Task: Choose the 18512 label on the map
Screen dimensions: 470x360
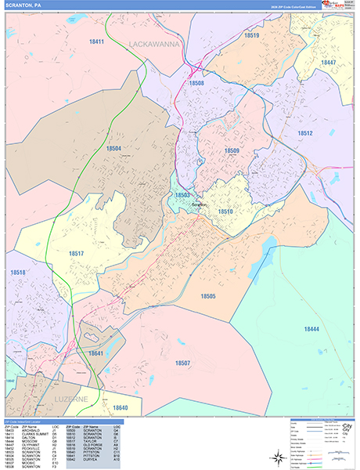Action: pos(305,133)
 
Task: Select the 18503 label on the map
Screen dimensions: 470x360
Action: pos(182,195)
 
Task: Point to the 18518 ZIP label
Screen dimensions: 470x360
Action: pos(18,273)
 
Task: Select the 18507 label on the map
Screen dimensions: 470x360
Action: pos(182,363)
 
